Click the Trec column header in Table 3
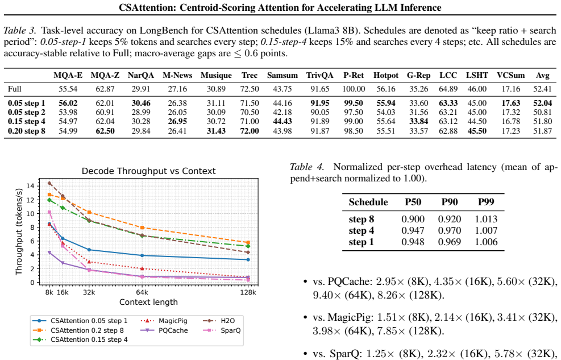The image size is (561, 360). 250,76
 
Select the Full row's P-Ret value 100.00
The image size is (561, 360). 354,89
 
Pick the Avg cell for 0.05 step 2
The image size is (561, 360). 543,113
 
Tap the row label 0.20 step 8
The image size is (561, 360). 27,131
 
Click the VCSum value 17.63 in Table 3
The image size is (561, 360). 510,103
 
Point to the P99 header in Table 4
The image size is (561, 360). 486,202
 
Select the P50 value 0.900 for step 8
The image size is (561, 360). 413,219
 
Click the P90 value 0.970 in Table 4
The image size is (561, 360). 450,230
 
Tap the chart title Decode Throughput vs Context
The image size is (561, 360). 148,171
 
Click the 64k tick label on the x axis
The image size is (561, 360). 142,292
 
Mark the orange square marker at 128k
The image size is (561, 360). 248,242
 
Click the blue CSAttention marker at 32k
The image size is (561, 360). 89,250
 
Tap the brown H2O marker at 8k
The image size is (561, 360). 49,183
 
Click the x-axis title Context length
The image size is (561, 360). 148,302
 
